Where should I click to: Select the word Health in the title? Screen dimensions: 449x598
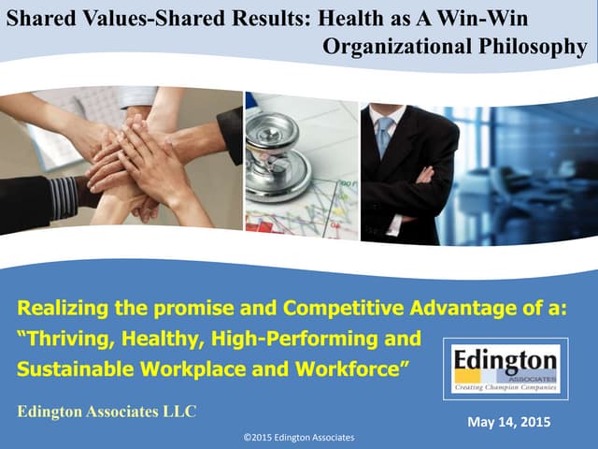pos(349,18)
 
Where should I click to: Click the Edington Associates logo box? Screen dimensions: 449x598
pos(505,369)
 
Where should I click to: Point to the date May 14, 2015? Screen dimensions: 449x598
pos(508,423)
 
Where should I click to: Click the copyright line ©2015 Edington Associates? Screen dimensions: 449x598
pos(298,438)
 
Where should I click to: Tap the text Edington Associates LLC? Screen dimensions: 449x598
pos(107,412)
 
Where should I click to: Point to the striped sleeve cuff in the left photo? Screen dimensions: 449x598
pos(64,196)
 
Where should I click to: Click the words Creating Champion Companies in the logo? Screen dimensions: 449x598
pos(505,386)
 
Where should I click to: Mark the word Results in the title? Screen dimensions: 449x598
pos(271,18)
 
